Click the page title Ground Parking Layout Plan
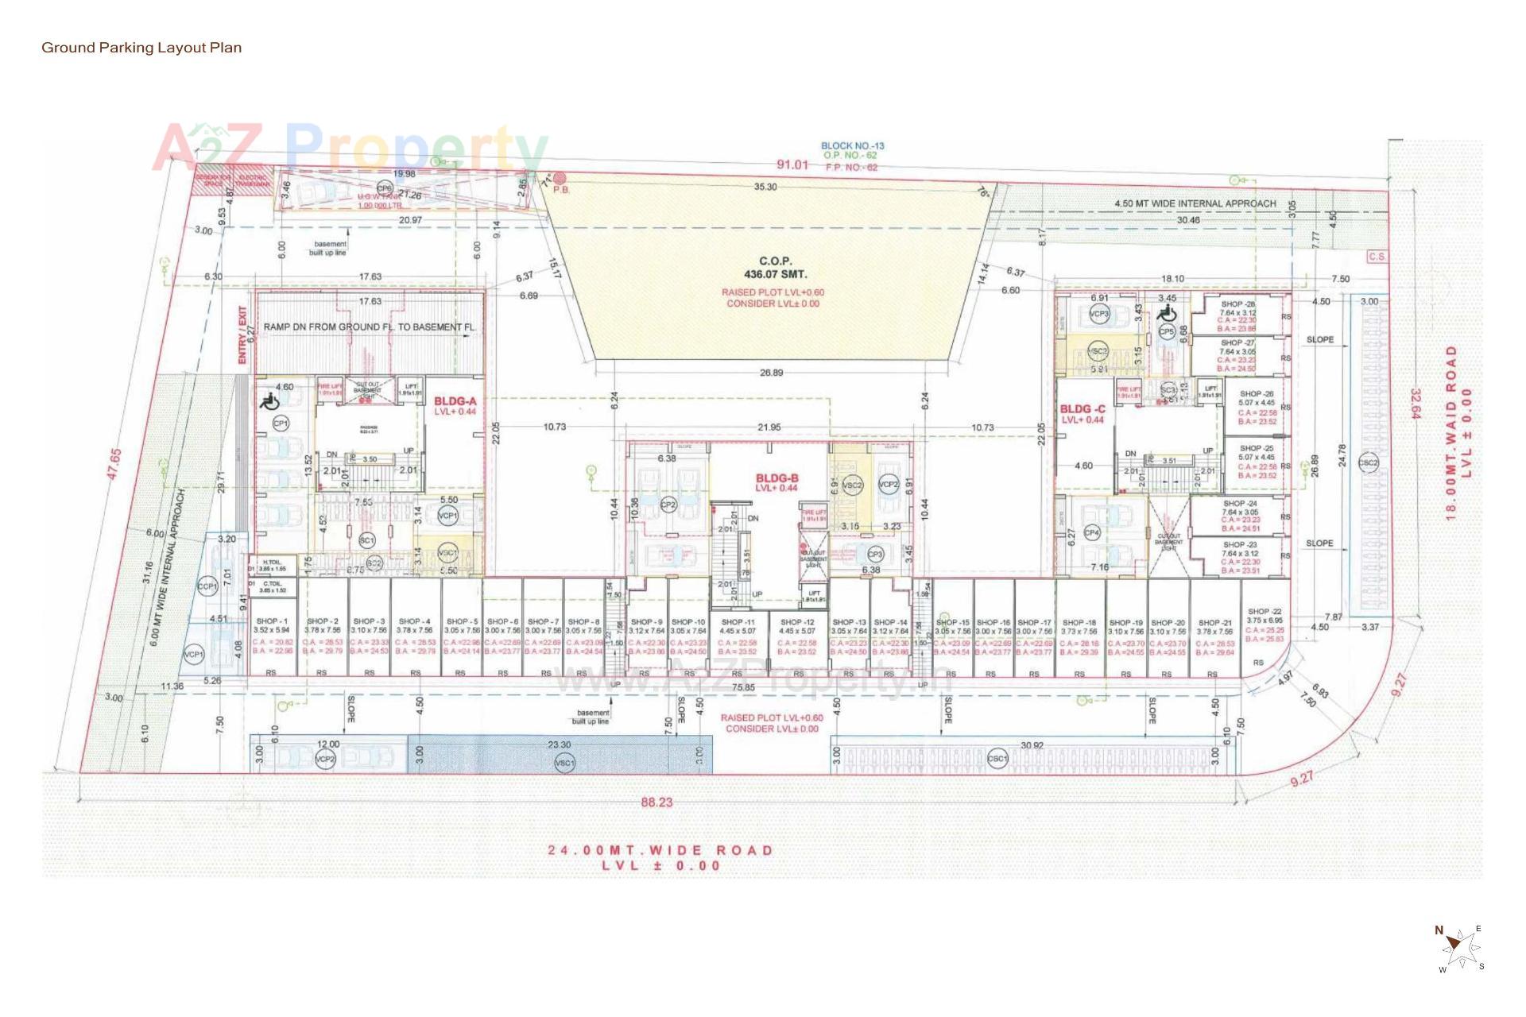[x=141, y=48]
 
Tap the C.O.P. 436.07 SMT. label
[x=770, y=268]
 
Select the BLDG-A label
[x=455, y=402]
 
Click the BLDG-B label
[x=777, y=478]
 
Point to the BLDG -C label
[x=1083, y=409]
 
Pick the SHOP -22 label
[x=1264, y=611]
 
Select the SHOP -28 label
[x=1237, y=304]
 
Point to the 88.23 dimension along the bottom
[x=656, y=802]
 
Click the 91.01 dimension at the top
[x=792, y=165]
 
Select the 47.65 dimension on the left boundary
[x=114, y=463]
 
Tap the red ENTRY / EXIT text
[x=242, y=336]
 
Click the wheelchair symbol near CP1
[x=269, y=401]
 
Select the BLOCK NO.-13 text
[x=852, y=146]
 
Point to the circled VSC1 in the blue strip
[x=564, y=764]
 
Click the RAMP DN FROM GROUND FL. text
[x=369, y=327]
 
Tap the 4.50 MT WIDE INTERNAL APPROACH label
[x=1195, y=203]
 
